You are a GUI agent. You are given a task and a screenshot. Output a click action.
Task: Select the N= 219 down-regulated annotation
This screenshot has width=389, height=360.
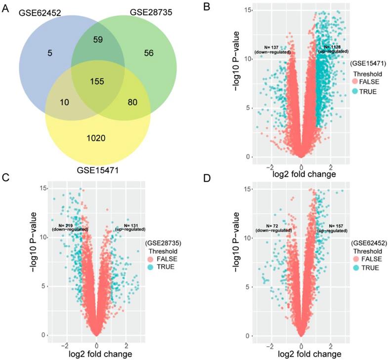pyautogui.click(x=71, y=227)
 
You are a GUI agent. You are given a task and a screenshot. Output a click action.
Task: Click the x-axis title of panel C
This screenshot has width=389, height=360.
pyautogui.click(x=96, y=354)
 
